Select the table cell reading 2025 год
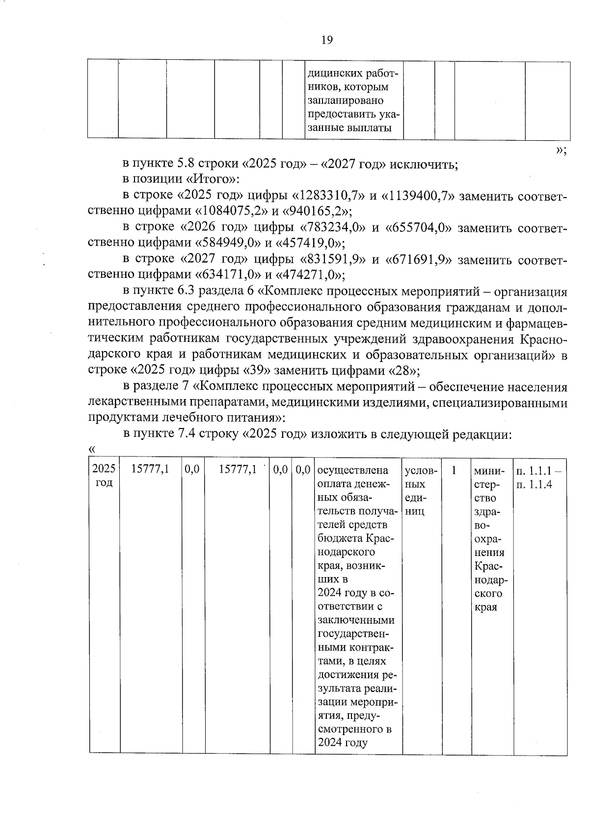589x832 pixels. click(104, 476)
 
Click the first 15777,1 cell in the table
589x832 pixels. click(151, 470)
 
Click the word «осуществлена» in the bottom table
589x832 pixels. click(353, 470)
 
